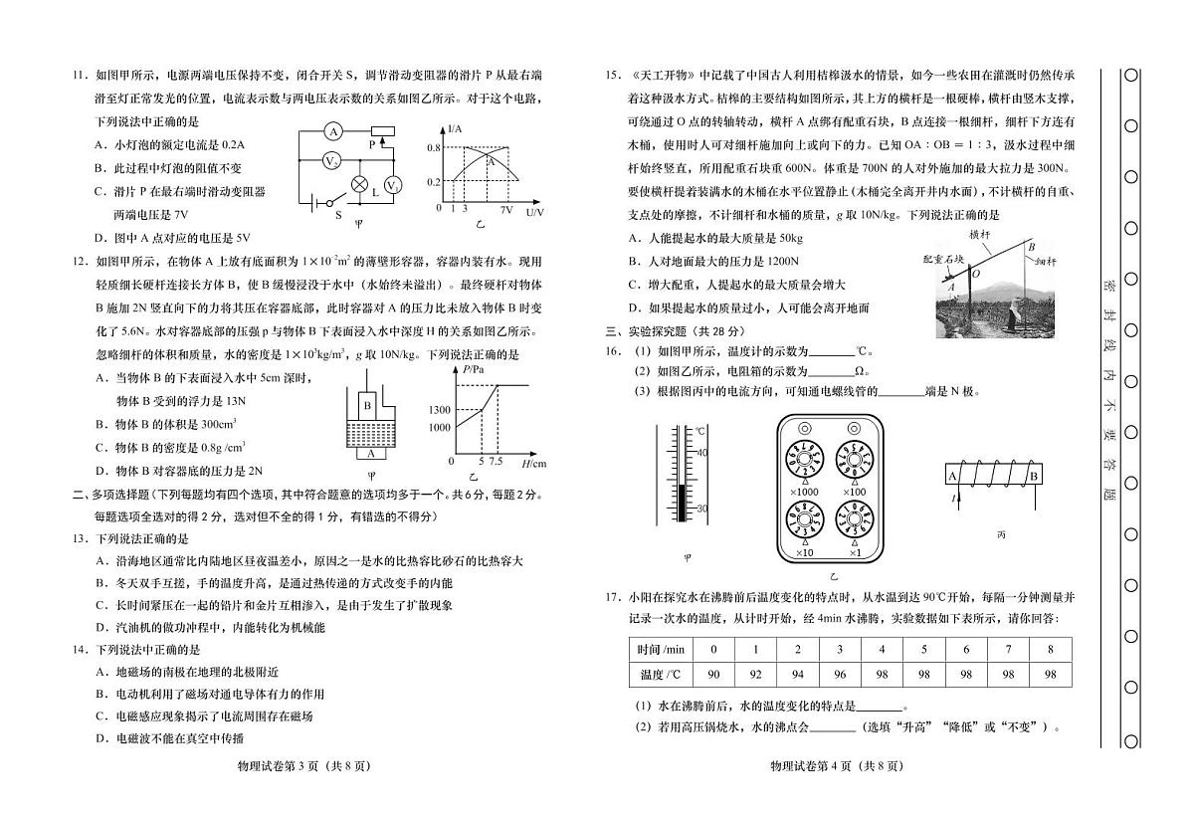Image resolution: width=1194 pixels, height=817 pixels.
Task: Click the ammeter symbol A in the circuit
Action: point(334,131)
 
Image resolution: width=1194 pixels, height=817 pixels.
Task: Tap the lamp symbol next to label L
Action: point(360,184)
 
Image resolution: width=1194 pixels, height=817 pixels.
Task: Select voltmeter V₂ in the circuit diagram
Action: point(334,159)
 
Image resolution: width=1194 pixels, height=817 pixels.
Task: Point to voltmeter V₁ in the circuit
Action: point(393,185)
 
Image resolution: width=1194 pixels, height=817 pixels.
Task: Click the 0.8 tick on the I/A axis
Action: point(434,147)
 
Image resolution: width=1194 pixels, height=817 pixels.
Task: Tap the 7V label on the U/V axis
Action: point(506,211)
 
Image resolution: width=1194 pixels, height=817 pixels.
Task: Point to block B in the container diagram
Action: point(367,406)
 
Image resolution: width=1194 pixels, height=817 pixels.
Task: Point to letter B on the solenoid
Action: point(1033,476)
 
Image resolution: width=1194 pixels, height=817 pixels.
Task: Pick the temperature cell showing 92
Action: point(755,675)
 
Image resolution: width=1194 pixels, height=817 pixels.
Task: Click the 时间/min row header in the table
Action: point(662,650)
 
